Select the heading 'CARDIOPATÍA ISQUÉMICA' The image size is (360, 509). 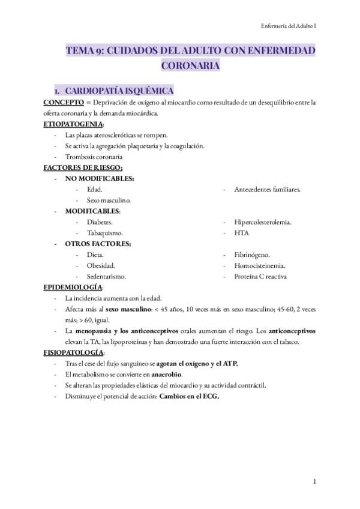(119, 91)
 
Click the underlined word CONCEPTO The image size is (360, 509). (63, 103)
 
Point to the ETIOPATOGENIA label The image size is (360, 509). (73, 124)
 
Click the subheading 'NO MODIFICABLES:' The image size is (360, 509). (99, 178)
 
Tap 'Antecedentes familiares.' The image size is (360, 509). (267, 189)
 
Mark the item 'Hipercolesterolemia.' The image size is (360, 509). (263, 222)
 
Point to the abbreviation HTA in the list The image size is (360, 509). (242, 233)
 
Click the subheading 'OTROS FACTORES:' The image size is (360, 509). (98, 244)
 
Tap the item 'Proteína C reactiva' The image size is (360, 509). (260, 277)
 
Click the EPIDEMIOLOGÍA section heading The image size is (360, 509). (73, 288)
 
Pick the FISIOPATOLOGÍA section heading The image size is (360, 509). (73, 352)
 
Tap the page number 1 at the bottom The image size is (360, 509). (314, 481)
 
